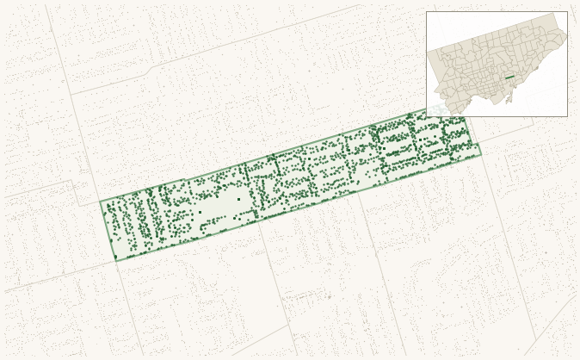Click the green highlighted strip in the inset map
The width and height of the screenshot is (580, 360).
(x=509, y=78)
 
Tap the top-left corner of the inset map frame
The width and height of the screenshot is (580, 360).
(x=427, y=12)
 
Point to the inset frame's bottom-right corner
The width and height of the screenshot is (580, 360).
(x=567, y=115)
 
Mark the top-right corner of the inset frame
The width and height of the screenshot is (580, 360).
(x=567, y=12)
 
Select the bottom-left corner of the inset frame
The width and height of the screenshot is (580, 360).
(x=427, y=115)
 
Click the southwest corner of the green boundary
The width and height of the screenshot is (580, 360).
(x=114, y=258)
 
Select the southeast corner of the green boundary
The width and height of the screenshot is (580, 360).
(x=480, y=155)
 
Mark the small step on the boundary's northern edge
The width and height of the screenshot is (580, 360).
(x=186, y=181)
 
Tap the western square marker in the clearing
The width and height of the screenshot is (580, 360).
(x=200, y=212)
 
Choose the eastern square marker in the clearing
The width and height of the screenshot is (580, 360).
(x=238, y=200)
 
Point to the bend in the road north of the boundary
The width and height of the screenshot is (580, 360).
(x=151, y=67)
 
